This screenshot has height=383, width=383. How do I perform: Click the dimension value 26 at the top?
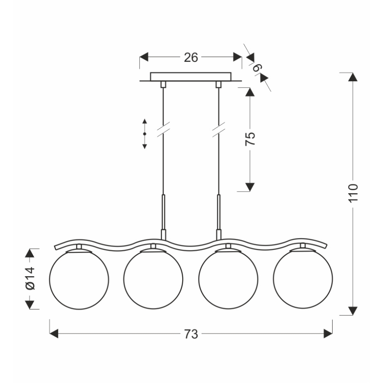click(x=191, y=57)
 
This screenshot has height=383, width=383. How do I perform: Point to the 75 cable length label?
click(x=250, y=139)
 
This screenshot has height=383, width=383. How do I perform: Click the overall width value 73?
click(x=191, y=334)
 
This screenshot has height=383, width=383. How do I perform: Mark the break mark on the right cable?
click(x=218, y=130)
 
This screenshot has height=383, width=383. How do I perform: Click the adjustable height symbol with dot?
click(x=145, y=133)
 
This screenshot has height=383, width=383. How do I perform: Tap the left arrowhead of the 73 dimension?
click(x=54, y=334)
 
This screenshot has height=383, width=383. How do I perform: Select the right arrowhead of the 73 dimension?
click(x=328, y=334)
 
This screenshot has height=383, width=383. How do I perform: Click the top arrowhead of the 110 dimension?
click(x=353, y=77)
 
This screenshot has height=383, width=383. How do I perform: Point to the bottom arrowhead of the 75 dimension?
click(x=250, y=187)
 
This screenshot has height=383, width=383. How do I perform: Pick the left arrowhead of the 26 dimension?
click(x=144, y=57)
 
